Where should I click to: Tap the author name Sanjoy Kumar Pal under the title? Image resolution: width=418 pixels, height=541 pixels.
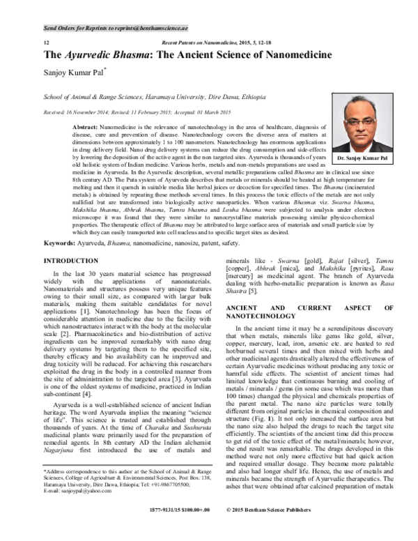[74, 73]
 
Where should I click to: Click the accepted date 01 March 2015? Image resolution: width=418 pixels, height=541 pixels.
[217, 112]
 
